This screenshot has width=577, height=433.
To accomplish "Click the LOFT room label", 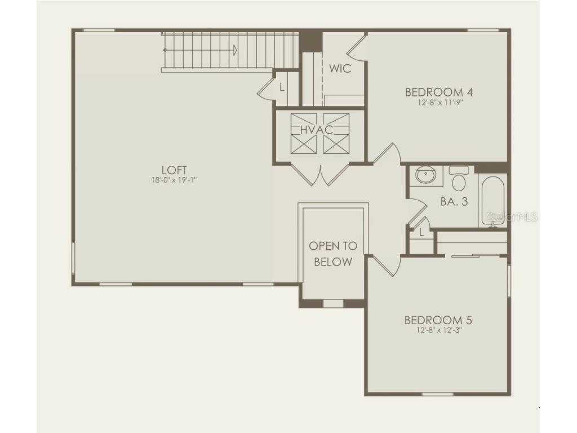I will [174, 170].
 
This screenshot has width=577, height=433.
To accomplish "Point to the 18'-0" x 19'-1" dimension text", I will [174, 180].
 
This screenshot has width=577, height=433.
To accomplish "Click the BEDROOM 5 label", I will [438, 320].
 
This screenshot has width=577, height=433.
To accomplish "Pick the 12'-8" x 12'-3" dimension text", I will [438, 330].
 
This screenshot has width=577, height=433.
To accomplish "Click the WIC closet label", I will [340, 69].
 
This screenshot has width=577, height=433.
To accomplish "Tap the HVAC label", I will [316, 130].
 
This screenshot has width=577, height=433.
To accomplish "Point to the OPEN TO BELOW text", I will [333, 254].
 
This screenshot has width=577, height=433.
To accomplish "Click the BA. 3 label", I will [454, 201].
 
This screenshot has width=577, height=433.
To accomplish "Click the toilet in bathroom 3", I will [459, 179].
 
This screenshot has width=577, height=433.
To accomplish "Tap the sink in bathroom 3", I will [425, 175].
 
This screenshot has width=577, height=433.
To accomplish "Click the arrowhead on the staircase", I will [234, 50].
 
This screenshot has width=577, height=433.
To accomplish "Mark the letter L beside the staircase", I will [282, 87].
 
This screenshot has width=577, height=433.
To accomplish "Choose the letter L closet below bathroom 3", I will [421, 233].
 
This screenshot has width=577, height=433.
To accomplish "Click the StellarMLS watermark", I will [511, 216].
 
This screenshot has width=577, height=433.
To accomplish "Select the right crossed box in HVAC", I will [336, 134].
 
